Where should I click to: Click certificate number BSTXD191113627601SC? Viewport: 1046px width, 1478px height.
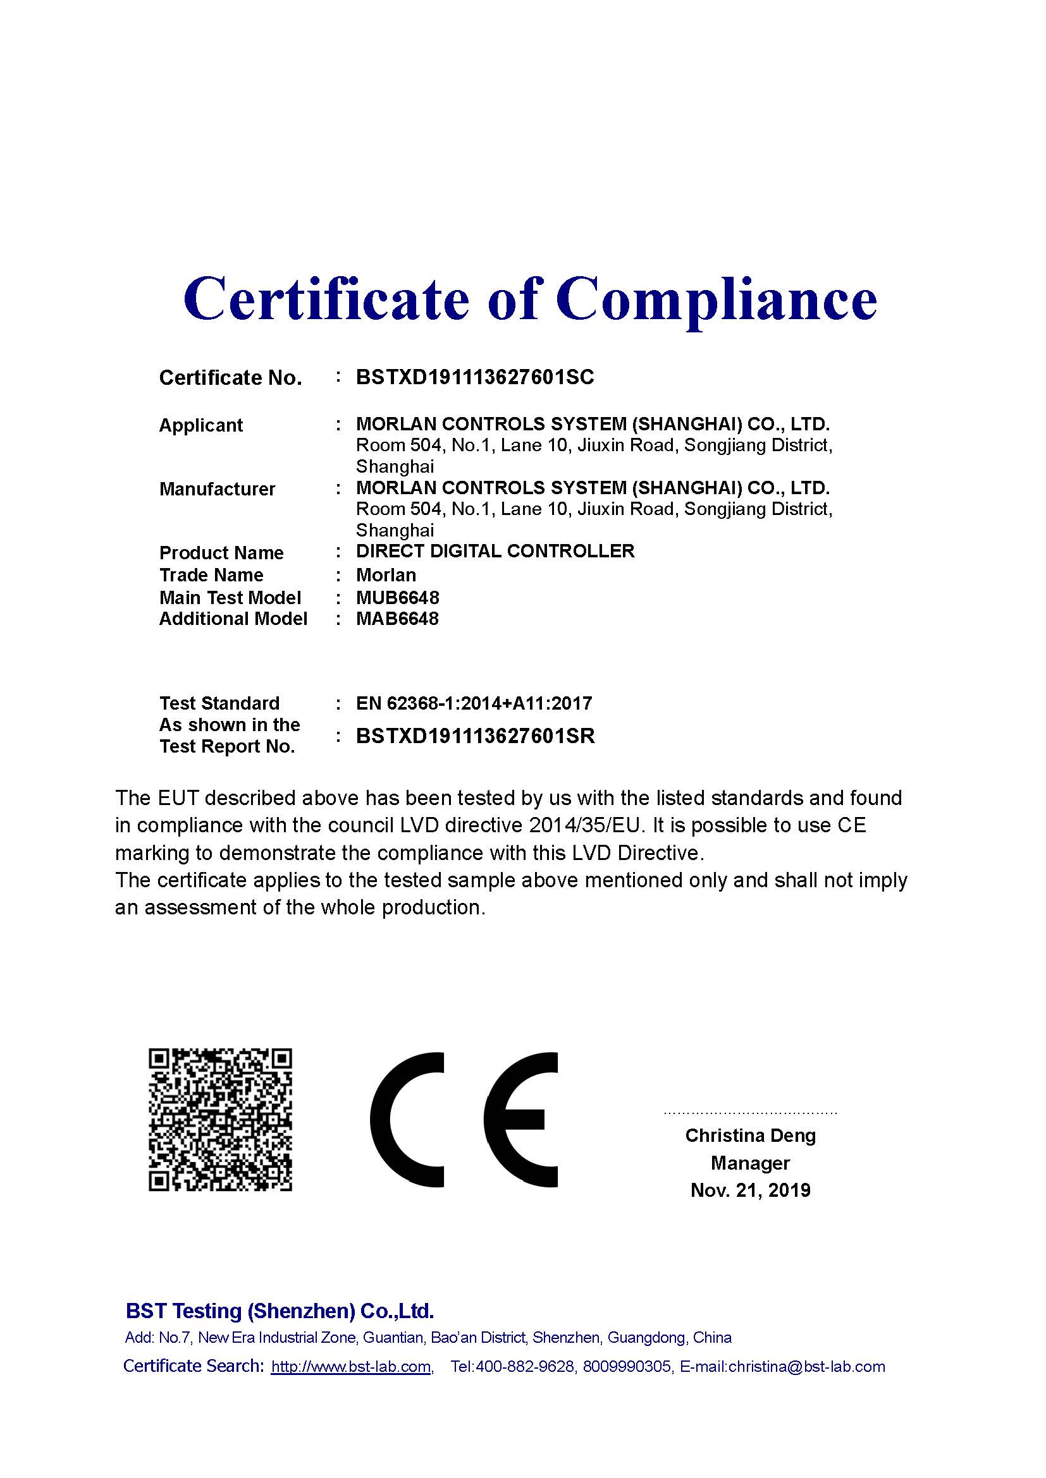point(475,377)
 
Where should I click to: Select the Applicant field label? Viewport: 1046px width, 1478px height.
point(200,425)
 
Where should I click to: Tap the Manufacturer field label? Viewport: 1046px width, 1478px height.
point(217,489)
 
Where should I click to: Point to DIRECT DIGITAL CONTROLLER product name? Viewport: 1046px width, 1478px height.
point(495,551)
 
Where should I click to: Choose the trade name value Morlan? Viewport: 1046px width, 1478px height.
point(386,575)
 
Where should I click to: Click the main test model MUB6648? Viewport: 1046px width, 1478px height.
point(397,597)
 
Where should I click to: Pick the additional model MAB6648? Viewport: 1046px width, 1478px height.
point(397,619)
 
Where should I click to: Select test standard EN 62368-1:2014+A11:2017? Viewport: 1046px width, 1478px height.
point(474,703)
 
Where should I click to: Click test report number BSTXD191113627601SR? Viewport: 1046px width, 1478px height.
point(475,736)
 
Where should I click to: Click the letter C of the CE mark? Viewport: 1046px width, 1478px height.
point(407,1120)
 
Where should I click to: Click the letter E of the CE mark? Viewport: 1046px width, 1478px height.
point(520,1120)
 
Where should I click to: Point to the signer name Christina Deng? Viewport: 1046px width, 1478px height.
point(750,1136)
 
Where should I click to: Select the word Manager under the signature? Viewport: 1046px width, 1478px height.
point(750,1163)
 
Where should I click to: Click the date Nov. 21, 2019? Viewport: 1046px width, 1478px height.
point(750,1190)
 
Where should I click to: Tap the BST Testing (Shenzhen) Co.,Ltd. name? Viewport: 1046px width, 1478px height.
point(280,1311)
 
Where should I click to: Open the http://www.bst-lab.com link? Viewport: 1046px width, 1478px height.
point(351,1366)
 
